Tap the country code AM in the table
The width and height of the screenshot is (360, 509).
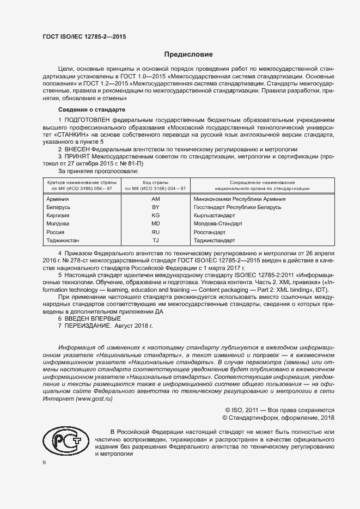[x=156, y=199]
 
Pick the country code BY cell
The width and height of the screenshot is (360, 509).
[x=156, y=207]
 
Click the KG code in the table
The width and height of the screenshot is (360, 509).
[x=156, y=216]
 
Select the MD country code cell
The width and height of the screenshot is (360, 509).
[x=156, y=224]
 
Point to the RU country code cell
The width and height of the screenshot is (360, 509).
[x=156, y=232]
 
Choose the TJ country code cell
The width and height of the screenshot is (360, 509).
[x=156, y=240]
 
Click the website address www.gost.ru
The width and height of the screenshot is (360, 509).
[x=94, y=399]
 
